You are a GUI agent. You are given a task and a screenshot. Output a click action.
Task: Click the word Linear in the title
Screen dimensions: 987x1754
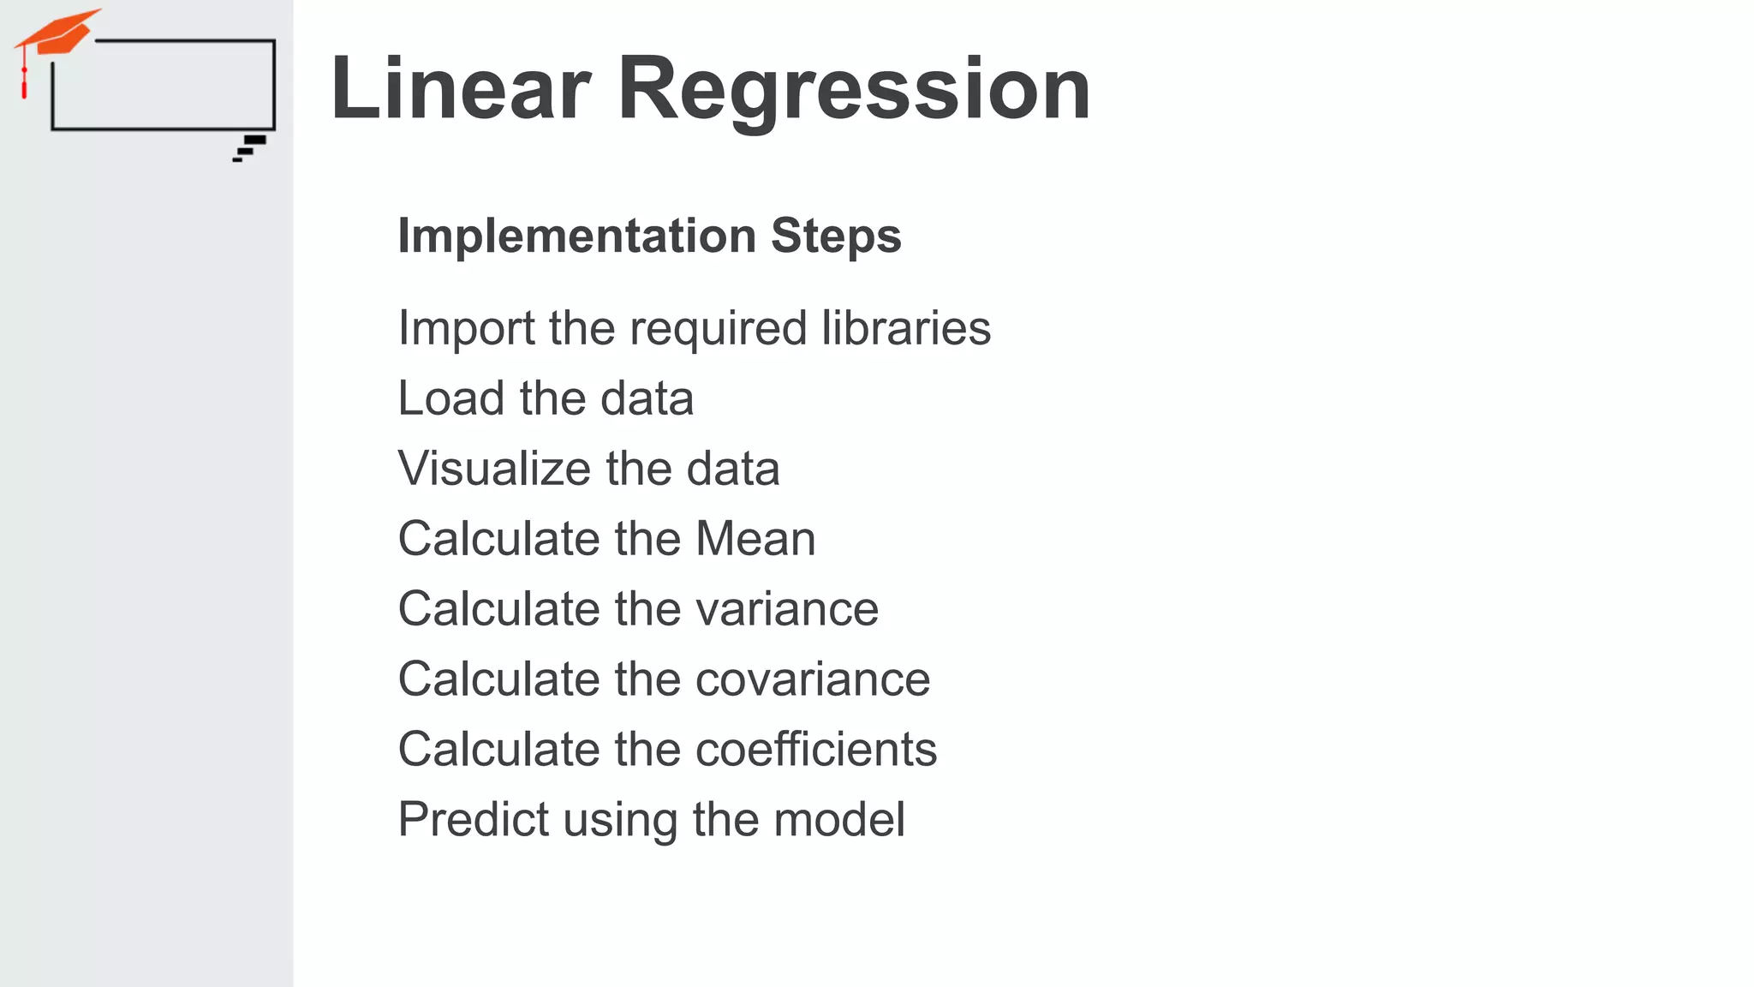(461, 88)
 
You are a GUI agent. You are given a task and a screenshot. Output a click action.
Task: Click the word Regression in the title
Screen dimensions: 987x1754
(853, 90)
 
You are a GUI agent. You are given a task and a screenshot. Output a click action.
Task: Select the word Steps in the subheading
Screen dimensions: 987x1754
(836, 237)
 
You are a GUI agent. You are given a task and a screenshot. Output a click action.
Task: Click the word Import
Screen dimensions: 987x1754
(467, 330)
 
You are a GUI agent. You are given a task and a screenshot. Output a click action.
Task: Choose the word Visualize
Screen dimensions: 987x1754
(494, 469)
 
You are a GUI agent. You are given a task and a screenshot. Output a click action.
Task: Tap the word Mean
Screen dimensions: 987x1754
(755, 539)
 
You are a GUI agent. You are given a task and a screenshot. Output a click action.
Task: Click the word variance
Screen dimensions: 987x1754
(787, 609)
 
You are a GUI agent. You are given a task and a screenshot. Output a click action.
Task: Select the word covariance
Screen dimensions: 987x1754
(813, 679)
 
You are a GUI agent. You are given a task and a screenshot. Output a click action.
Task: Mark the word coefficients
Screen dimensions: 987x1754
(816, 750)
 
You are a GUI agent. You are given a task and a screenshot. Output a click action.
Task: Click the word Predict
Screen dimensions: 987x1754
(474, 820)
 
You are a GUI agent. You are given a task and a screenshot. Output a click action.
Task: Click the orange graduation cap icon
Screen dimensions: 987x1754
(58, 33)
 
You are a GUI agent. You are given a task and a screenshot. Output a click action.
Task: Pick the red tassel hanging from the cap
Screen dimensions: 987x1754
(24, 84)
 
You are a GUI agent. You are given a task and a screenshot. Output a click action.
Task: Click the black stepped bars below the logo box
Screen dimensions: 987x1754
(250, 147)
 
